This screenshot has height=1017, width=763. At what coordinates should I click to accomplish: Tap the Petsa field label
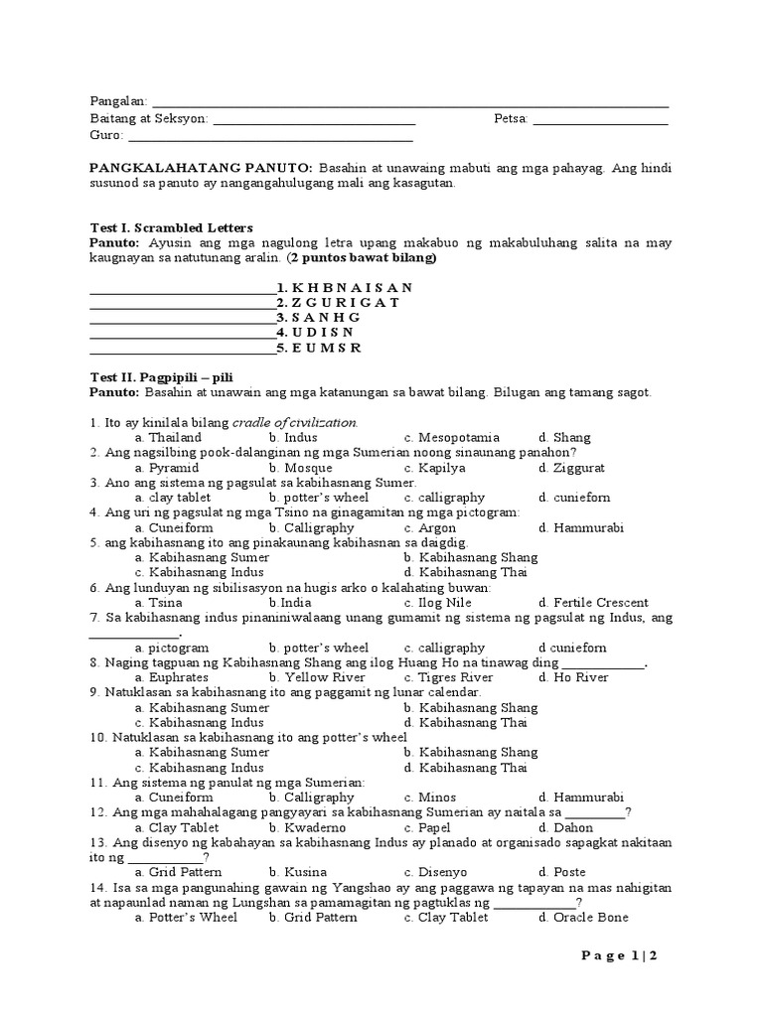512,118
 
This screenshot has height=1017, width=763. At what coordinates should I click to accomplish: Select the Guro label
106,134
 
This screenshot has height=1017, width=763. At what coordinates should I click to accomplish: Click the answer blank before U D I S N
182,333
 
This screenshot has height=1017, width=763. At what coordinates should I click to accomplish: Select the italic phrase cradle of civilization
295,422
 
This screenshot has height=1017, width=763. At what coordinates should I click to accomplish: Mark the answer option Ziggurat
571,467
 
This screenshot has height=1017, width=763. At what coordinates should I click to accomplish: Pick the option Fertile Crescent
593,602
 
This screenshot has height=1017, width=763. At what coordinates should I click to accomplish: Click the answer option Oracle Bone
583,918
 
